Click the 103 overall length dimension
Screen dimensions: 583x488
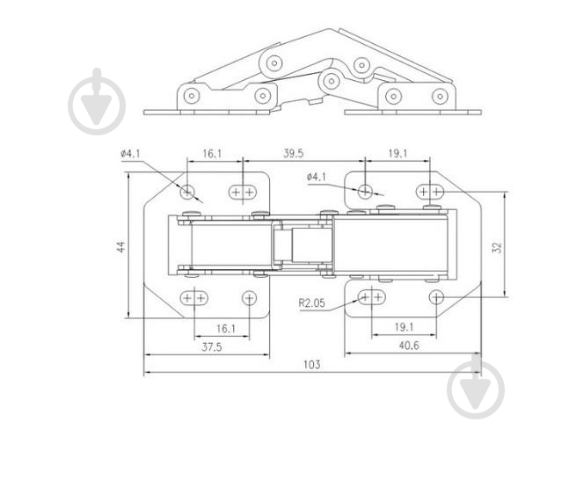311,364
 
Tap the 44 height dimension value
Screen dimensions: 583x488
121,247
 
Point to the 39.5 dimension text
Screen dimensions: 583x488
293,154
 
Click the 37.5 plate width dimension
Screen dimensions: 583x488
212,347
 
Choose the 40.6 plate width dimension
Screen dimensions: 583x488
409,346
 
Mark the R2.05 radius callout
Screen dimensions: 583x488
311,302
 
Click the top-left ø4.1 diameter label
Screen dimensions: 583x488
130,154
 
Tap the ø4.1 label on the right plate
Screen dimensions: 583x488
317,177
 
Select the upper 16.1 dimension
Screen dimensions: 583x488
212,154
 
